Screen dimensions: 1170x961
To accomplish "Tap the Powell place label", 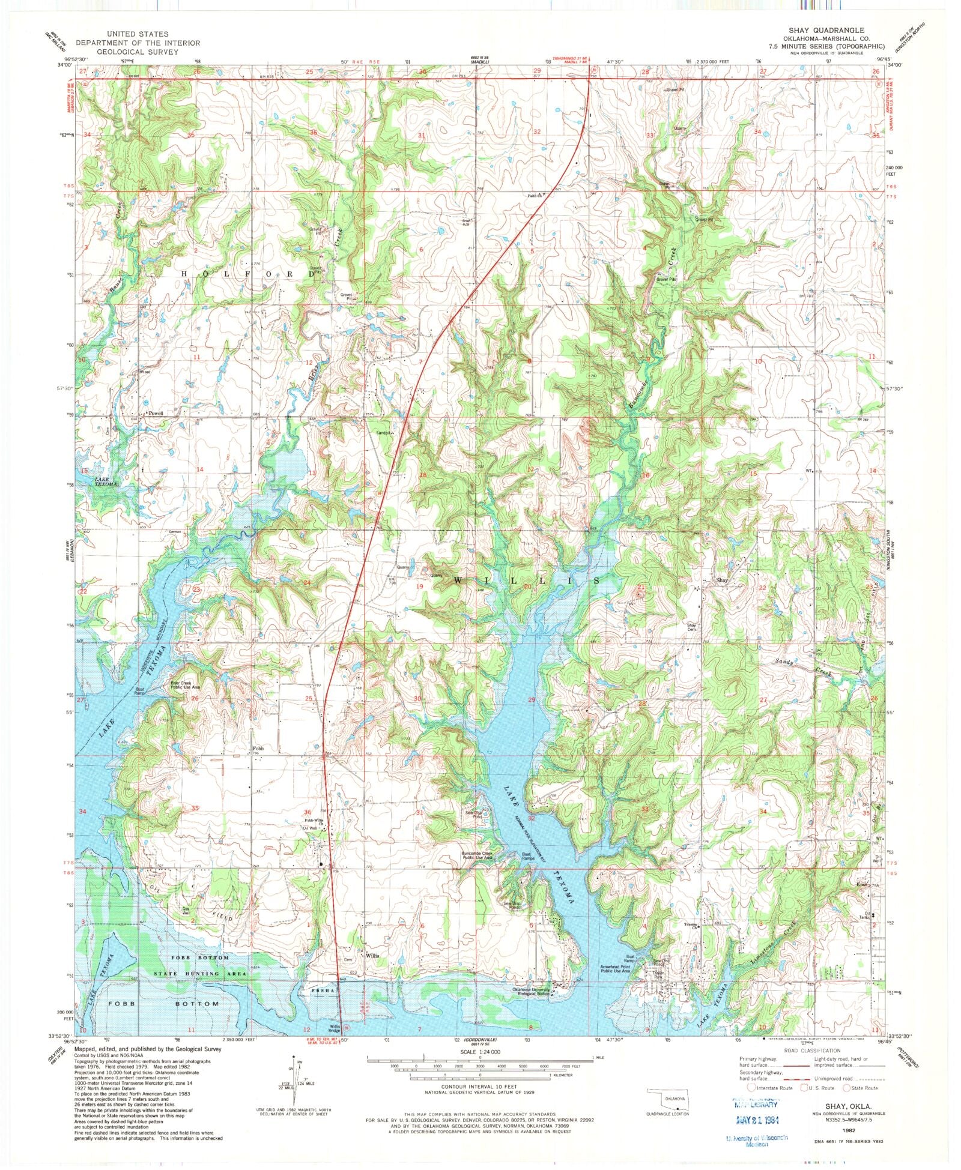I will (x=155, y=414).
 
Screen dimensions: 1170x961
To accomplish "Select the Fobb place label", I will (x=258, y=749).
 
